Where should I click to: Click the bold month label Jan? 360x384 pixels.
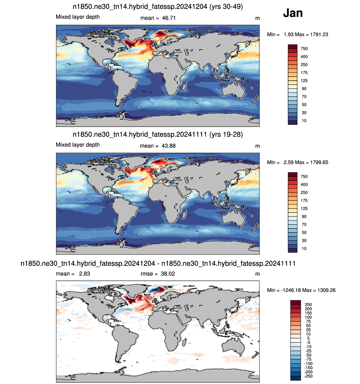pyautogui.click(x=293, y=13)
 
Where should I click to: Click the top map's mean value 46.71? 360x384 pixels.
pyautogui.click(x=169, y=18)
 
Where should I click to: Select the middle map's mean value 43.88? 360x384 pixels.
pyautogui.click(x=168, y=146)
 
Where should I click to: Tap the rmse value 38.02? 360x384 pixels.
pyautogui.click(x=167, y=274)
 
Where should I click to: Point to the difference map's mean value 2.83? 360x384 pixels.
pyautogui.click(x=84, y=274)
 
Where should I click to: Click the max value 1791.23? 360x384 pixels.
pyautogui.click(x=319, y=34)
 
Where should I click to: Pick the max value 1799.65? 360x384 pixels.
pyautogui.click(x=319, y=162)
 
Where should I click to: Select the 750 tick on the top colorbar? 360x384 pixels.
pyautogui.click(x=304, y=49)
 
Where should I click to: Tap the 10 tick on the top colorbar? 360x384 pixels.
pyautogui.click(x=304, y=121)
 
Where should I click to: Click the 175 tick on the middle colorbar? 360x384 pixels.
pyautogui.click(x=304, y=200)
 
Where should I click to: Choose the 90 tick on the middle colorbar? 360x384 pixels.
pyautogui.click(x=304, y=216)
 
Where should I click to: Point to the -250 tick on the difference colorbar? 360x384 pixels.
pyautogui.click(x=308, y=376)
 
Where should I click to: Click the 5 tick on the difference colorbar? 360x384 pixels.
pyautogui.click(x=308, y=338)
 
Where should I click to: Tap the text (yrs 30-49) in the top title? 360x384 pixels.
pyautogui.click(x=226, y=6)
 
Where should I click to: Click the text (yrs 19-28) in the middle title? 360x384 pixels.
pyautogui.click(x=226, y=134)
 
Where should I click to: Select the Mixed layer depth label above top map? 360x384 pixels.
pyautogui.click(x=78, y=17)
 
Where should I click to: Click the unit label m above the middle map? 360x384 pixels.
pyautogui.click(x=257, y=146)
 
